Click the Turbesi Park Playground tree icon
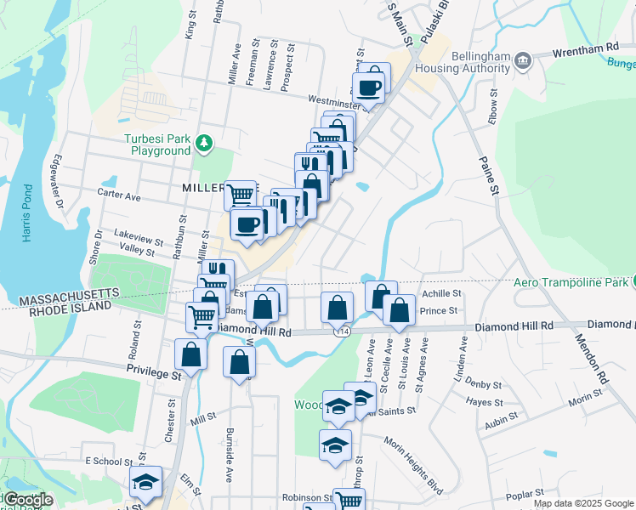[x=203, y=143]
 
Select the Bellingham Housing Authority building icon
[x=523, y=59]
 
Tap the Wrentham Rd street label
[x=586, y=49]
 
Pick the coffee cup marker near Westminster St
[x=369, y=87]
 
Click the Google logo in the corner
[x=27, y=500]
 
